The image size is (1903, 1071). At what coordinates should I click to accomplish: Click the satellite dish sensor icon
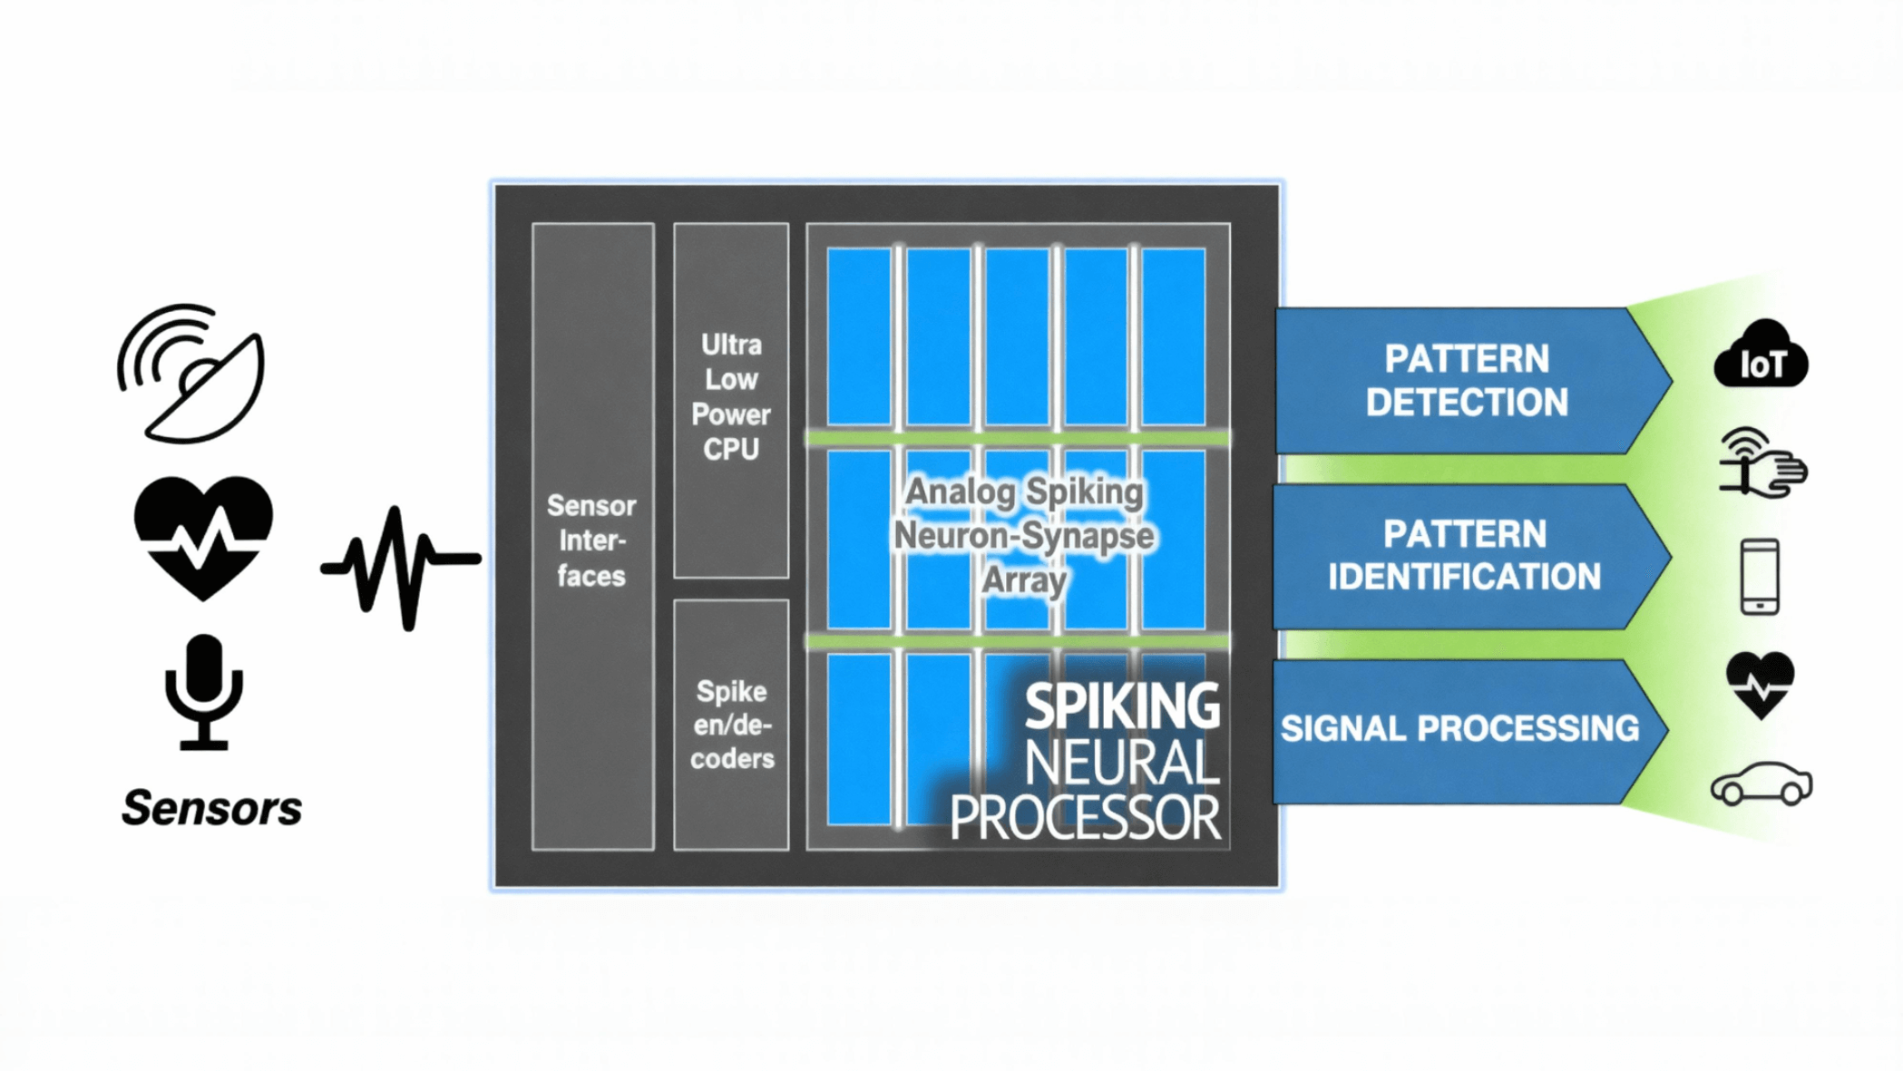tap(193, 374)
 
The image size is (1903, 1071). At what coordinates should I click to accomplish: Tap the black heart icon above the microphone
tap(203, 536)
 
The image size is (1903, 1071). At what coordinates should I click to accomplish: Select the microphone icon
tap(204, 691)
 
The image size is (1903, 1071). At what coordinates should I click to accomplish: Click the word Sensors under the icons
tap(212, 808)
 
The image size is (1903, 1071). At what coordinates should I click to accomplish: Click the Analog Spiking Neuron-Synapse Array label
tap(1024, 535)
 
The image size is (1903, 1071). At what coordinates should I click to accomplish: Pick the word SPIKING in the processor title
tap(1122, 706)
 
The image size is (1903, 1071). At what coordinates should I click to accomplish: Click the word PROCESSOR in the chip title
tap(1085, 818)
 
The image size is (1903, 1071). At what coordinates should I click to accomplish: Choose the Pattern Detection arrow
tap(1467, 381)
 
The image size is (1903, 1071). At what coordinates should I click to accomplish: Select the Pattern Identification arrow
tap(1465, 556)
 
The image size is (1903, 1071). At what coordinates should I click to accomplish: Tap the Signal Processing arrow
tap(1460, 729)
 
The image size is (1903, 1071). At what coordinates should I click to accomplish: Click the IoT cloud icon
tap(1761, 356)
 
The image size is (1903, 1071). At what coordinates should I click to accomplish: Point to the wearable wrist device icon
tap(1761, 463)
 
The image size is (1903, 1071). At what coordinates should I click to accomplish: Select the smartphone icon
tap(1760, 577)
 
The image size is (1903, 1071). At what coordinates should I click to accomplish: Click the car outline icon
tap(1761, 784)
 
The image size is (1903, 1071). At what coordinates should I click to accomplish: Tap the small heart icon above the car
tap(1761, 684)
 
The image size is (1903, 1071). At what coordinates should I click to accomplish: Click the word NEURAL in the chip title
tap(1122, 763)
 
